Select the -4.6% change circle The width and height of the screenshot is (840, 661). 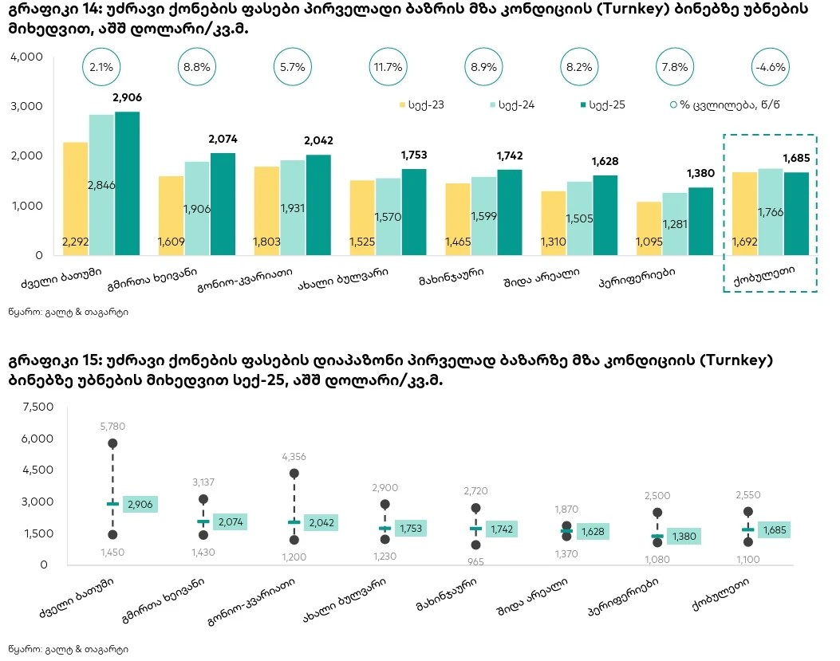click(x=770, y=68)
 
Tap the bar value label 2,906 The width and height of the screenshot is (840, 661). click(x=127, y=97)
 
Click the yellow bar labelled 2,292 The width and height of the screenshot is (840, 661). click(x=75, y=199)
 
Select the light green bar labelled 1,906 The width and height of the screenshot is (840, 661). click(x=197, y=208)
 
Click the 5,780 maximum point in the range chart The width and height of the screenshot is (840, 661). click(x=112, y=443)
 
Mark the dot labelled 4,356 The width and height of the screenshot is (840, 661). click(x=294, y=474)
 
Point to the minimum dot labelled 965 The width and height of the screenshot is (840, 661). click(x=475, y=545)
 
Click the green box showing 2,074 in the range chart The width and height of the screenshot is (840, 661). click(x=230, y=522)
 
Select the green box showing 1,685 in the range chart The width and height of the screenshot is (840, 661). click(x=774, y=530)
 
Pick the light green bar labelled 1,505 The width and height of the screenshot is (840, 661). click(x=580, y=218)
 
